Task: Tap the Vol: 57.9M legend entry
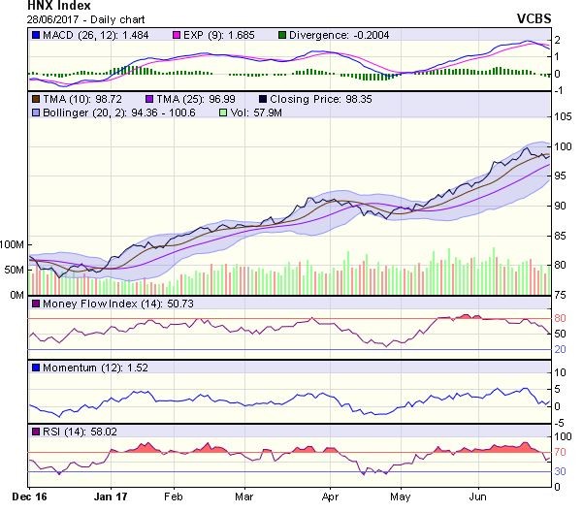pos(274,112)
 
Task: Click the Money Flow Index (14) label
pos(96,304)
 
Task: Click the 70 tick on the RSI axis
pos(560,453)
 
